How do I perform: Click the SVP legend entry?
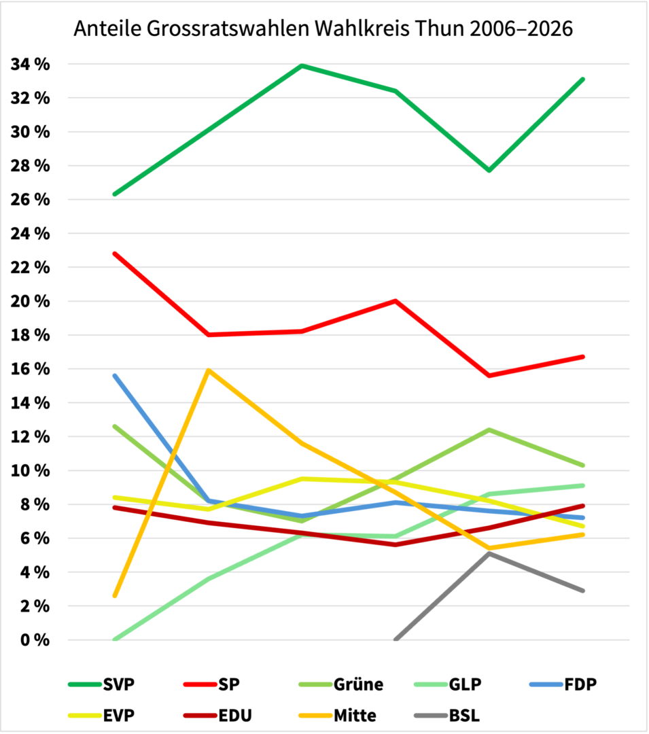click(x=101, y=684)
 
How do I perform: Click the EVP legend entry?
click(x=101, y=715)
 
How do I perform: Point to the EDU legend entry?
click(x=217, y=715)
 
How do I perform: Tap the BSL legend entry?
click(x=449, y=715)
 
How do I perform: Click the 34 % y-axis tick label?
click(x=30, y=65)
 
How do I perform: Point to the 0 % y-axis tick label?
click(x=34, y=640)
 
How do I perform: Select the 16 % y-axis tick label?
click(x=30, y=369)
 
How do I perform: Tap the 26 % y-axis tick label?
click(x=30, y=200)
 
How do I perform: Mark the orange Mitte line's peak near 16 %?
click(x=209, y=370)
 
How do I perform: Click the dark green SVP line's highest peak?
click(x=302, y=66)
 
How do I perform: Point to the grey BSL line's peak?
click(x=489, y=553)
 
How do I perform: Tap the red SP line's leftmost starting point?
click(x=115, y=254)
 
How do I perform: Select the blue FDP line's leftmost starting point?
click(x=115, y=375)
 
